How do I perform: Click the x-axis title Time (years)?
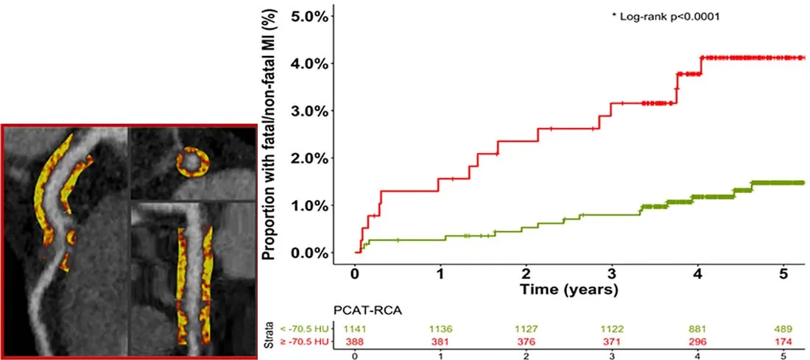(x=568, y=289)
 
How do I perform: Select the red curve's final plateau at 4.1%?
(x=751, y=57)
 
